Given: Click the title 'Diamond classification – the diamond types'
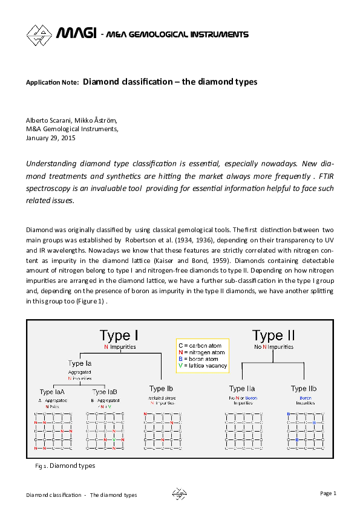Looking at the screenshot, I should [170, 81].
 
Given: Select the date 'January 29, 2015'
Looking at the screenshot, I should [51, 137].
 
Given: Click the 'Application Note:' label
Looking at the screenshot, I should [52, 82].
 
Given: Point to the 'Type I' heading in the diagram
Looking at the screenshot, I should [120, 336].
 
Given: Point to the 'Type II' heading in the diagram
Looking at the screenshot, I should [273, 336].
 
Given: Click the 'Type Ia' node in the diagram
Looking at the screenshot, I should [80, 363].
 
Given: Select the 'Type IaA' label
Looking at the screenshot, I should [55, 392].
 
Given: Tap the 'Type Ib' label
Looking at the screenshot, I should [161, 388].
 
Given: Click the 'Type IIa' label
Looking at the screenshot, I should [242, 388].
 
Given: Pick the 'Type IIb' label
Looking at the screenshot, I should [304, 388].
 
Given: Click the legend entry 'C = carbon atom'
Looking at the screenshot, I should [202, 344].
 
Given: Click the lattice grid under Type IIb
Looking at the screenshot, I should [304, 431].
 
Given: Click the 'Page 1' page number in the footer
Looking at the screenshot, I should [328, 493].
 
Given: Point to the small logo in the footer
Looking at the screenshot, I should [179, 494].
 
